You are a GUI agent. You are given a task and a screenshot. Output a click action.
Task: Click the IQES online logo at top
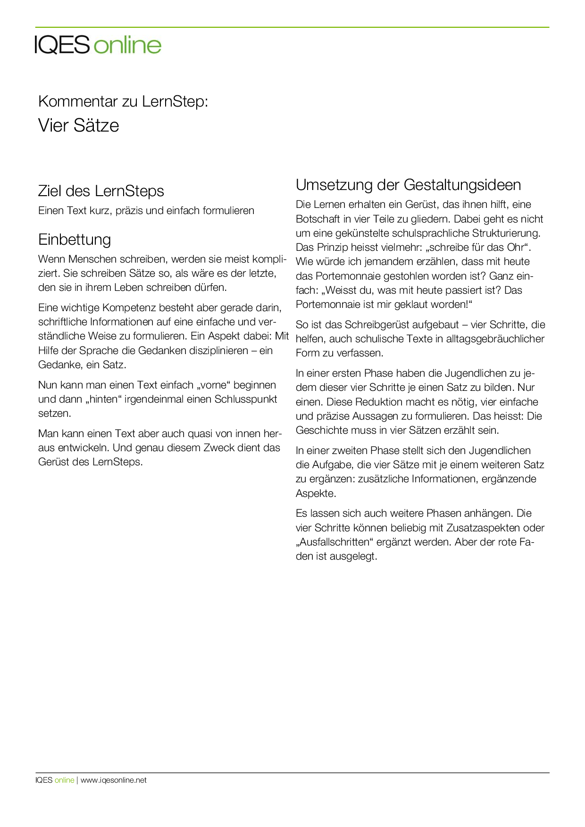[x=98, y=45]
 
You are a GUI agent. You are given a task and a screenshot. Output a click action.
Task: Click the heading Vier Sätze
[x=78, y=125]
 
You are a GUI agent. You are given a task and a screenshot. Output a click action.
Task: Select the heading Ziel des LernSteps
[x=101, y=191]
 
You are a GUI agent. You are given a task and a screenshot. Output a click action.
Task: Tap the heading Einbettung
[x=75, y=240]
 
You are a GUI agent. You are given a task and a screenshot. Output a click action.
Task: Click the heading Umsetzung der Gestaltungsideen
[x=408, y=185]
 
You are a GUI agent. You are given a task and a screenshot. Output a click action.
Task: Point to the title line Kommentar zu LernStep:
[x=123, y=101]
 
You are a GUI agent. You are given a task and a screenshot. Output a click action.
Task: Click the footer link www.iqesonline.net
[x=113, y=780]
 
